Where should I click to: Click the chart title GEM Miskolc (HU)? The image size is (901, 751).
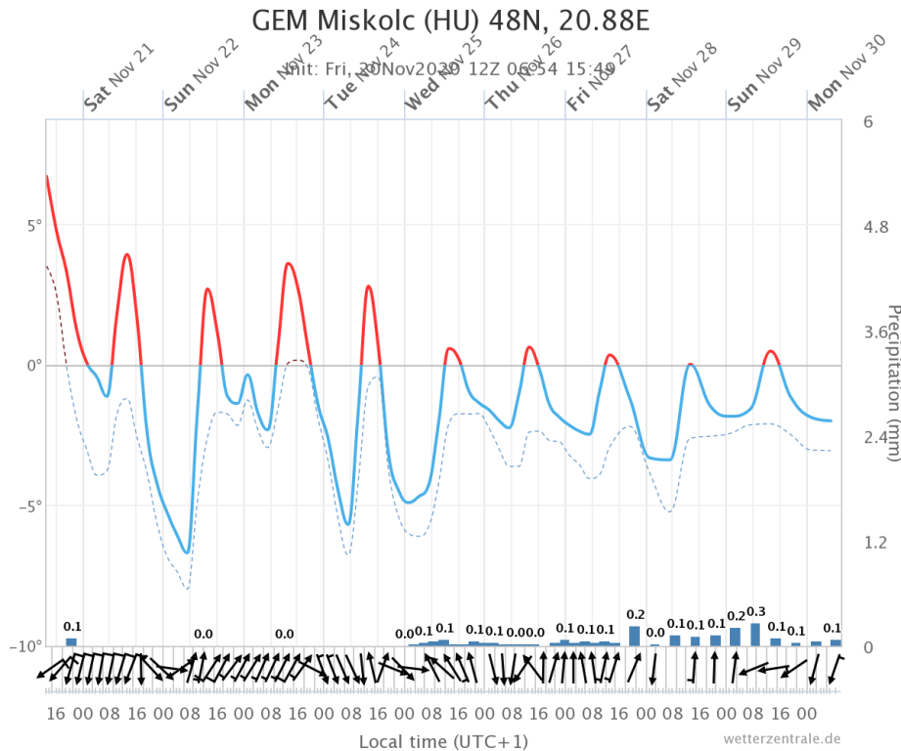(x=450, y=22)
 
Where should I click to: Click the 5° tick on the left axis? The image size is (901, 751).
(x=33, y=225)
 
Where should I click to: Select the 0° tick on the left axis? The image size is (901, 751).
(x=33, y=366)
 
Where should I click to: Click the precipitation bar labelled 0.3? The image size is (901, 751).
(x=755, y=634)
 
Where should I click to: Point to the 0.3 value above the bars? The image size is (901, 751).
(x=755, y=612)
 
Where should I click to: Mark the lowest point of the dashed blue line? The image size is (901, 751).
(x=186, y=589)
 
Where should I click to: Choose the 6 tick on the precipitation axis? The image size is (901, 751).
(x=868, y=121)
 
